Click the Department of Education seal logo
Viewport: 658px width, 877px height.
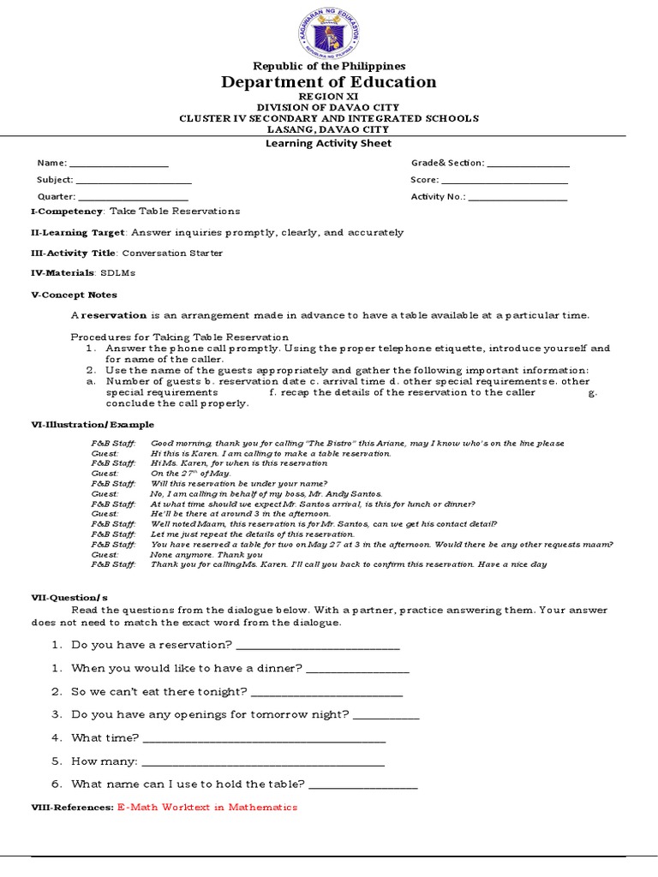[x=329, y=32]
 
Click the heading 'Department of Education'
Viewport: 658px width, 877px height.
[x=329, y=82]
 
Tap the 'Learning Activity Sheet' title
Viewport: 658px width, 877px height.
[x=329, y=144]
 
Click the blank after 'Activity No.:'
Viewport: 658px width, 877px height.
[x=518, y=198]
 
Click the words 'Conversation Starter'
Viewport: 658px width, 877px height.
[x=172, y=254]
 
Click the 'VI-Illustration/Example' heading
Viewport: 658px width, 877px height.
[x=93, y=424]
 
